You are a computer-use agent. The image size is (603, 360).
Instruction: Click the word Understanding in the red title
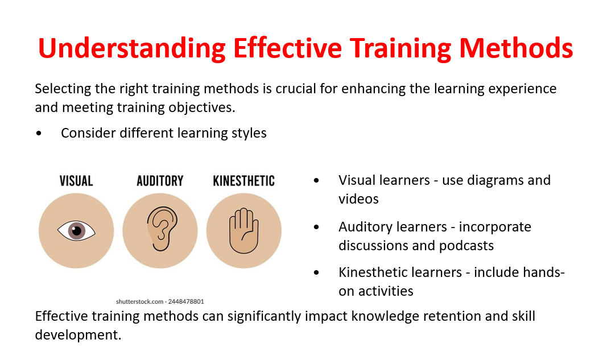132,49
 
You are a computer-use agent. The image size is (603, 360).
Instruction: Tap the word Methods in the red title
516,48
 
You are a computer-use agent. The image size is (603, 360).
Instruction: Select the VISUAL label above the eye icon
76,181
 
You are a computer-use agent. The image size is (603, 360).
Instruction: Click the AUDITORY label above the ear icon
160,181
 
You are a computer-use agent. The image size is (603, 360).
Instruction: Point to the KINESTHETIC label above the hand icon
244,181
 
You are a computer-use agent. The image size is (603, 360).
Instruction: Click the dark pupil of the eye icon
77,231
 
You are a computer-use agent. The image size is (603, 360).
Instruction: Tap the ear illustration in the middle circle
162,229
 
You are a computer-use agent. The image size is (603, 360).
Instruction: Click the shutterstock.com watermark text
139,301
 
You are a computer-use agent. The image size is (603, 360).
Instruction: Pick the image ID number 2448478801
186,301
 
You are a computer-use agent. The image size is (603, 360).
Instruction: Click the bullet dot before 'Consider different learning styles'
39,134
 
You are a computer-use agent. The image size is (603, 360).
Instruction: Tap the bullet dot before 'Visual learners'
316,180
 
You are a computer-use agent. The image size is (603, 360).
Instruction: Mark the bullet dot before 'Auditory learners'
316,227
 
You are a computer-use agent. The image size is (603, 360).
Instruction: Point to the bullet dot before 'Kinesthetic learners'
316,272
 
